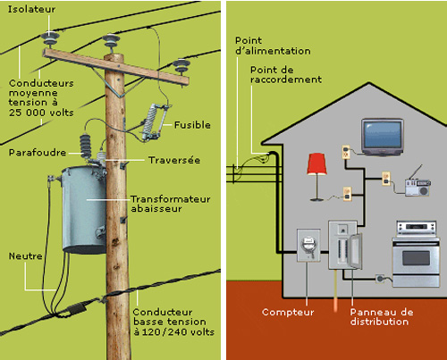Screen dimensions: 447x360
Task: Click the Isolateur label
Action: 31,9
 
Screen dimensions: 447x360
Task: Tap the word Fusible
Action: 192,125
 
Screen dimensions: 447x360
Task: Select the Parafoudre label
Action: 38,153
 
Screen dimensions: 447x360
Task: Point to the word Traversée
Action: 174,160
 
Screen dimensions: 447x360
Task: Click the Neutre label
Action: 26,256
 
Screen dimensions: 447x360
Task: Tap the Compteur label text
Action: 288,312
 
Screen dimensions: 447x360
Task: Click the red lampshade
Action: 316,163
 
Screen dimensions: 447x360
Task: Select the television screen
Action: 383,134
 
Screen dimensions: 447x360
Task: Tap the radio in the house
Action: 417,185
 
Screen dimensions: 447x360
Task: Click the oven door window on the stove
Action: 416,258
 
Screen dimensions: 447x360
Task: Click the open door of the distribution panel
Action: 355,251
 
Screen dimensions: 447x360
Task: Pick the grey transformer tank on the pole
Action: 84,210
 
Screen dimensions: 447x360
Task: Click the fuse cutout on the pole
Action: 154,121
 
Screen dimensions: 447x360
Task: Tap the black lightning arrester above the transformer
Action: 86,147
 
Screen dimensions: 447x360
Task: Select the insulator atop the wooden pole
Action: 111,43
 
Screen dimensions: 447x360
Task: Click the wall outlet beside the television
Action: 346,152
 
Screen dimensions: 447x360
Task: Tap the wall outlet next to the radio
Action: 386,179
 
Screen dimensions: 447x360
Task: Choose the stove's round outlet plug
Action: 380,279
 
